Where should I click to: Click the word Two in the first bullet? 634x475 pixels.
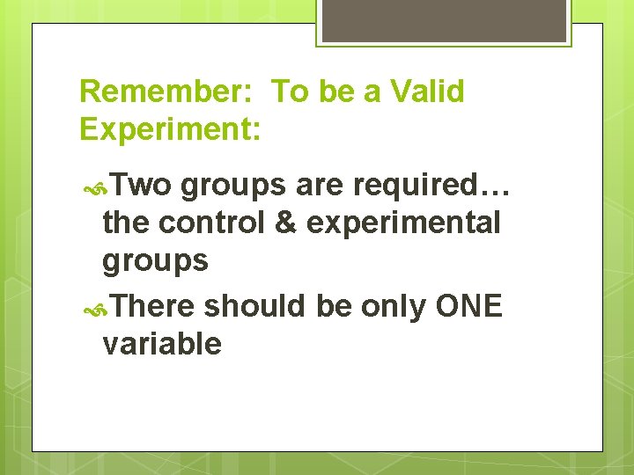(143, 185)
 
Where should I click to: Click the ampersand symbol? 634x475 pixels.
(285, 223)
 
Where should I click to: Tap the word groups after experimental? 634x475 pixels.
(155, 261)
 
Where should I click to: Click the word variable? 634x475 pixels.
(162, 343)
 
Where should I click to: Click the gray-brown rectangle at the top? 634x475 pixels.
(443, 20)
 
